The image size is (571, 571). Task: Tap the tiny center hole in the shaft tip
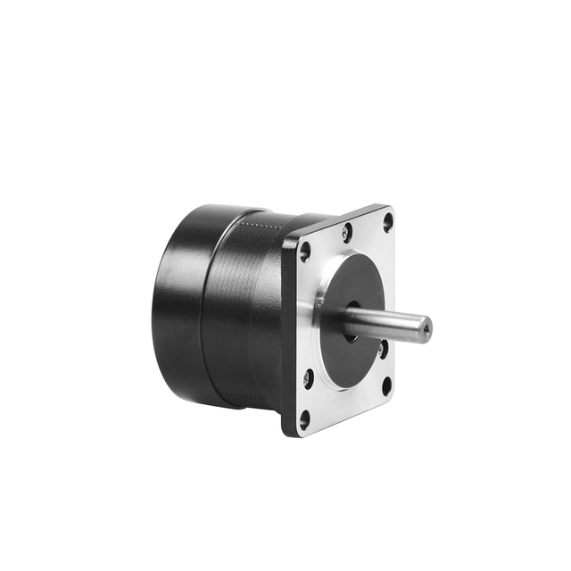(x=426, y=330)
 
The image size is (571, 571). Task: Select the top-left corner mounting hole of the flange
(x=305, y=252)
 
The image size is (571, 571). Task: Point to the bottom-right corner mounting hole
(x=386, y=385)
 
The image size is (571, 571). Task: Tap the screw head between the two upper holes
(x=346, y=233)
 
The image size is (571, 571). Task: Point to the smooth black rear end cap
(x=178, y=303)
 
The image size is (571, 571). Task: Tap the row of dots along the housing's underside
(x=250, y=398)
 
